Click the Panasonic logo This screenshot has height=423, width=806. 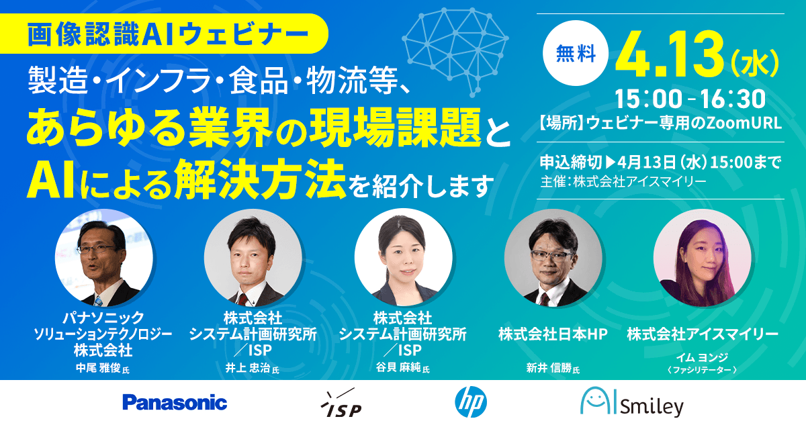(175, 403)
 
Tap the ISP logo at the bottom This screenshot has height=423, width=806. (341, 403)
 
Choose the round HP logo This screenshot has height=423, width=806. (471, 403)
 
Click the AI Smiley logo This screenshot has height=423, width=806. (631, 403)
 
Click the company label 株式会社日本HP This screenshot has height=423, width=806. (553, 334)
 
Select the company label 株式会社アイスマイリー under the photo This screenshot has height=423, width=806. (702, 334)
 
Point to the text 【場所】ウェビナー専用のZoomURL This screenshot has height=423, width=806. (661, 124)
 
